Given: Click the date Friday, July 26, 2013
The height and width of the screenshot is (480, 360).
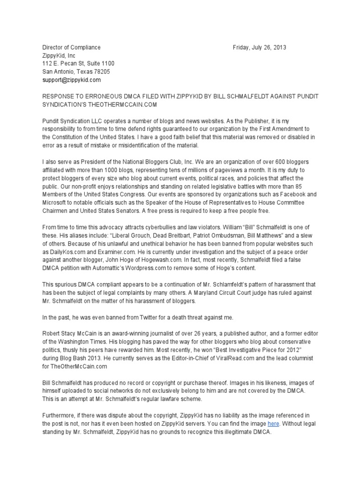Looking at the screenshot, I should point(259,47).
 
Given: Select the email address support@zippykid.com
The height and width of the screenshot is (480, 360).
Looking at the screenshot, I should point(72,80).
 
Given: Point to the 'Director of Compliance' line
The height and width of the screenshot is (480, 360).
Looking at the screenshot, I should point(71,47).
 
